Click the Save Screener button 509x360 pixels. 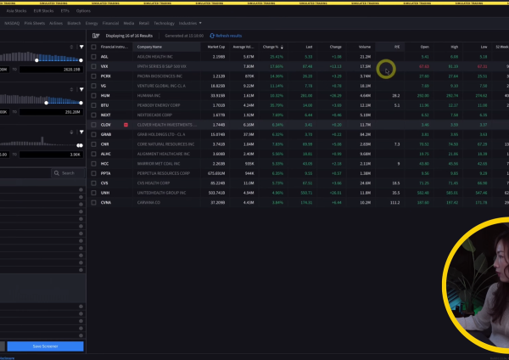(45, 346)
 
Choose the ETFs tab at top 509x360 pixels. (65, 11)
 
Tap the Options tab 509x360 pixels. (84, 11)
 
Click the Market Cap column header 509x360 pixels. (214, 48)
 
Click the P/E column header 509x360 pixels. (397, 48)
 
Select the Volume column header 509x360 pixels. (365, 48)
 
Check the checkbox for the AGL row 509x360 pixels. (93, 57)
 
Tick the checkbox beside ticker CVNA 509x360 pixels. (93, 203)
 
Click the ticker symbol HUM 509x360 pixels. (104, 96)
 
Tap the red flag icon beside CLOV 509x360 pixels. (126, 125)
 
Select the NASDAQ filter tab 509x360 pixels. (13, 23)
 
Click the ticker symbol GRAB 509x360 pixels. (105, 134)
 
